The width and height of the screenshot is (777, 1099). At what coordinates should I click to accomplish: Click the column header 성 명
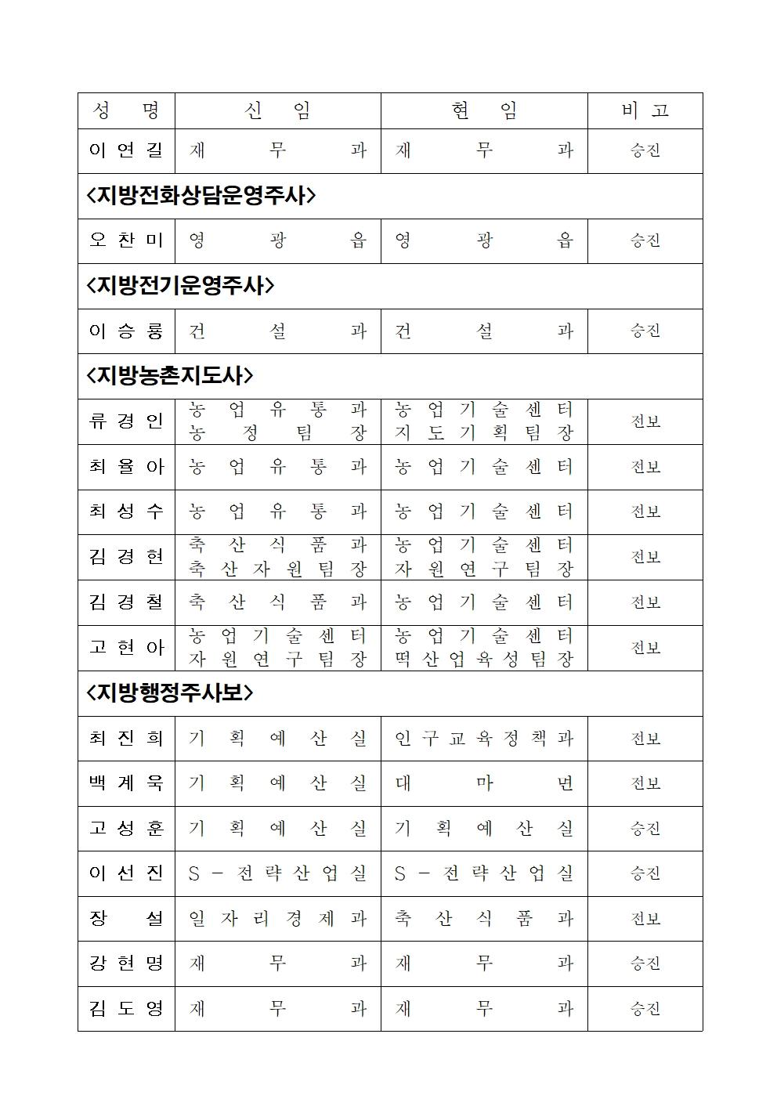tap(126, 111)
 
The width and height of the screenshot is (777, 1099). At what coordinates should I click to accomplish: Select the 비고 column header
tap(645, 111)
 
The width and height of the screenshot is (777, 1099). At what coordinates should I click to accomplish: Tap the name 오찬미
tap(126, 240)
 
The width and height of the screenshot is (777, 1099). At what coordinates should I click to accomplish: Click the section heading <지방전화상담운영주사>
tap(201, 196)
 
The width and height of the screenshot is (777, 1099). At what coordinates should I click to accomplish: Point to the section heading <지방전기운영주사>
tap(180, 286)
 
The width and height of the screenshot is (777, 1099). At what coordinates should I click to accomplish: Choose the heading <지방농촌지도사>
tap(170, 376)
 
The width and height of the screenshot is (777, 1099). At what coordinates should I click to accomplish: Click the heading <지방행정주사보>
tap(170, 693)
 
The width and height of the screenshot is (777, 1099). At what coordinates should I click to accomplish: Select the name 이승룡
tap(126, 331)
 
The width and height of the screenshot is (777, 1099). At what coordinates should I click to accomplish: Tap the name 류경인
tap(126, 421)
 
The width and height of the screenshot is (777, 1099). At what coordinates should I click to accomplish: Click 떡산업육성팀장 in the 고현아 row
tap(484, 660)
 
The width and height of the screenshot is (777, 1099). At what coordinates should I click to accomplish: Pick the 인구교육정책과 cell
tap(484, 739)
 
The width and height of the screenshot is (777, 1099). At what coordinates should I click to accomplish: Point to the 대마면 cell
tap(484, 783)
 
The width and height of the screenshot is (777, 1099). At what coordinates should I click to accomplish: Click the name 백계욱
tap(126, 783)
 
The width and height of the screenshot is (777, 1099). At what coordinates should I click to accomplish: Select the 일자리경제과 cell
tap(277, 919)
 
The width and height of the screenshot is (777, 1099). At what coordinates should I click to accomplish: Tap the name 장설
tap(126, 919)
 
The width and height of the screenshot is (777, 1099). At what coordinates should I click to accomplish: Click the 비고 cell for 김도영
tap(645, 1009)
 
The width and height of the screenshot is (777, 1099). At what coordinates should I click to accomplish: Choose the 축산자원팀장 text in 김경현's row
tap(277, 569)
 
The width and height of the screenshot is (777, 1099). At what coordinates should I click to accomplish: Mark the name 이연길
tap(126, 150)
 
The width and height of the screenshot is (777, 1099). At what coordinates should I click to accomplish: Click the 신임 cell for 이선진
tap(277, 873)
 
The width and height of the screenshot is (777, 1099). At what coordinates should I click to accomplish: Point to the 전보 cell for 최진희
tap(645, 739)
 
